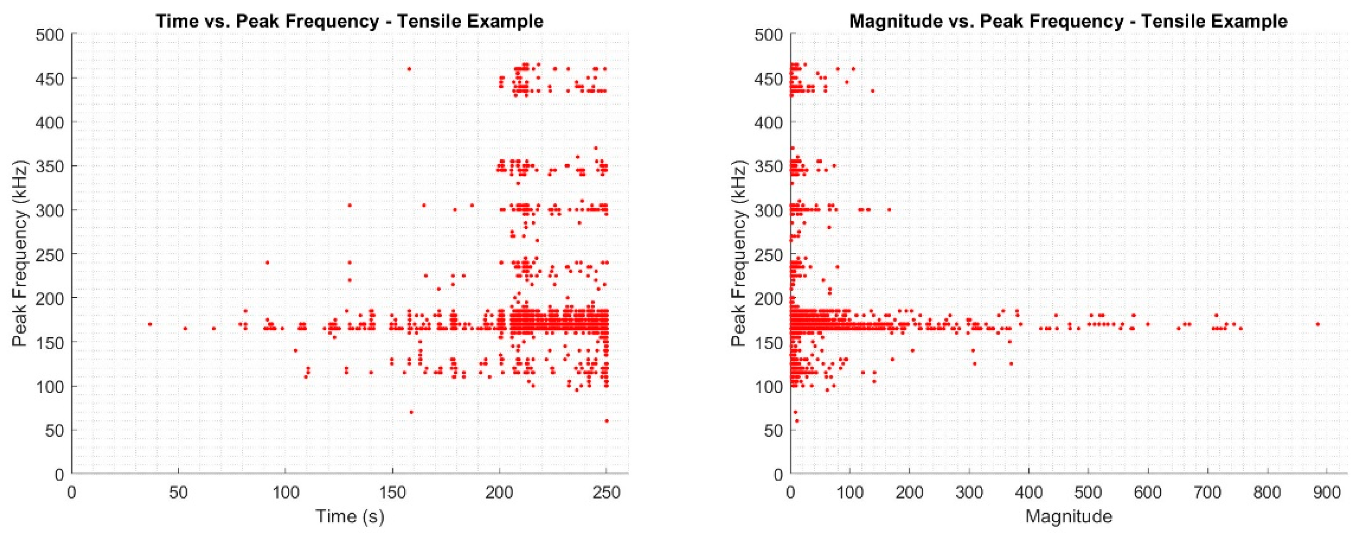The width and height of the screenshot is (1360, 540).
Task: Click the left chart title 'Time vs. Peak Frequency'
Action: pyautogui.click(x=350, y=21)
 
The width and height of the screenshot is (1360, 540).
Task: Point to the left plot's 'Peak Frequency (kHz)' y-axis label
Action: pyautogui.click(x=20, y=254)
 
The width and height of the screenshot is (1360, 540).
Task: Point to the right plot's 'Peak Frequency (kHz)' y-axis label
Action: pyautogui.click(x=739, y=254)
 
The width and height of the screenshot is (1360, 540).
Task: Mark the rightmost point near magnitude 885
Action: pyautogui.click(x=1317, y=324)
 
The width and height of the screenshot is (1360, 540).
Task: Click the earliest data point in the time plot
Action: pyautogui.click(x=150, y=324)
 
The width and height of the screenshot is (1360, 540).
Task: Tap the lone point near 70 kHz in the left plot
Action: pyautogui.click(x=411, y=412)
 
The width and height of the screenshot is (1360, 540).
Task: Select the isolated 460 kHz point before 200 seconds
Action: pyautogui.click(x=409, y=69)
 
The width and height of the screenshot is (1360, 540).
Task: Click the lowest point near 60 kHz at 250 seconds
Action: pyautogui.click(x=607, y=421)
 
